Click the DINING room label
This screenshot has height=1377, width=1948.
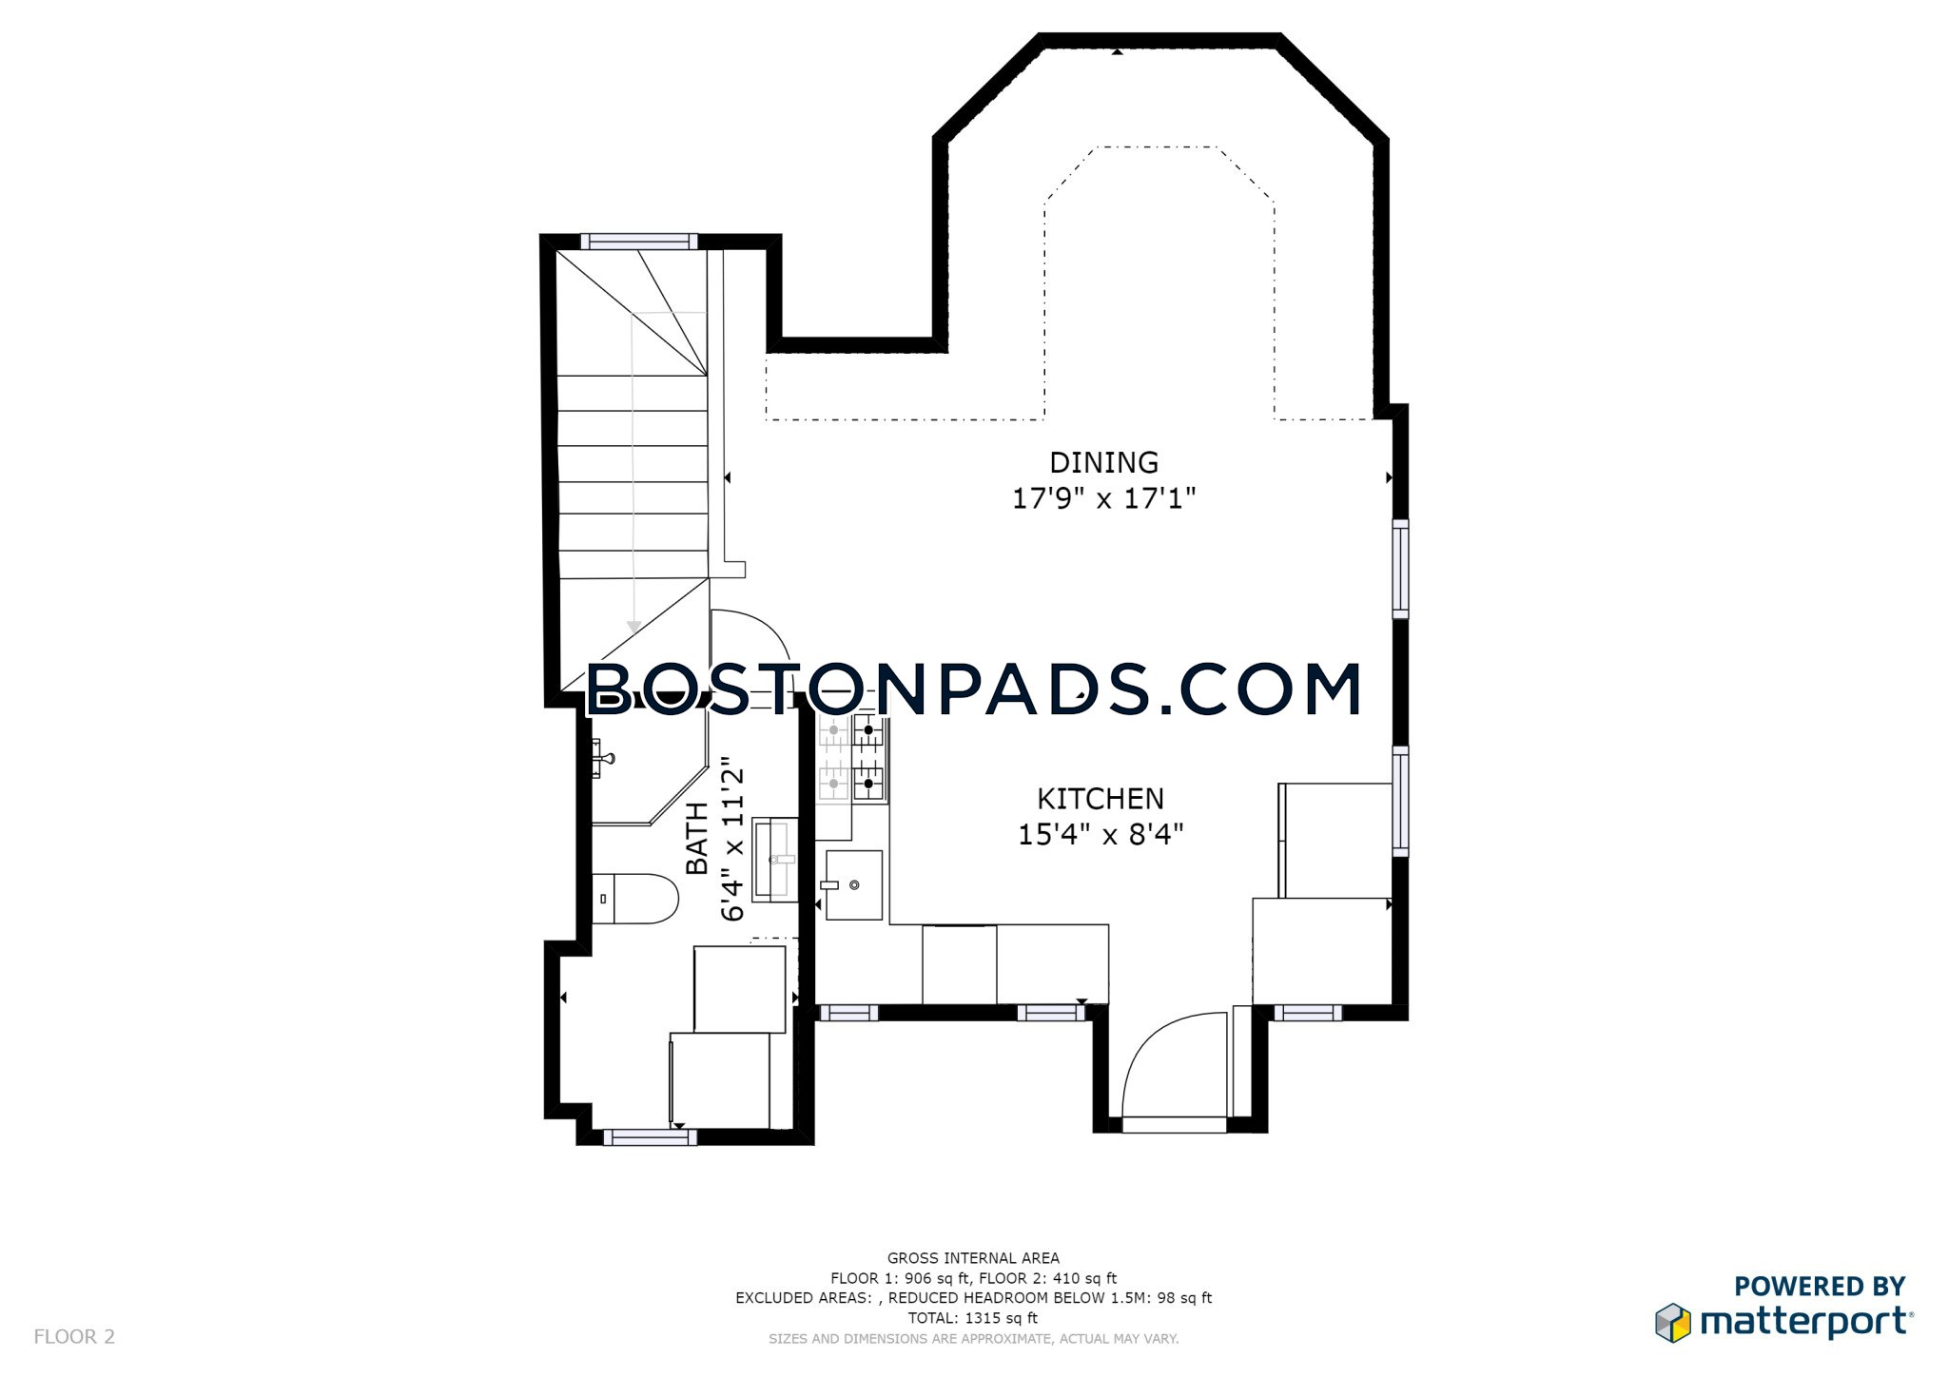(1103, 462)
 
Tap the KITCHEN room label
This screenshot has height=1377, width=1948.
(1101, 799)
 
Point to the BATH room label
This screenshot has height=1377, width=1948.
(697, 838)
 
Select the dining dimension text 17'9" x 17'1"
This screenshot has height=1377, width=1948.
(1103, 498)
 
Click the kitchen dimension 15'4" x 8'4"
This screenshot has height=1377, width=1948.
(1101, 835)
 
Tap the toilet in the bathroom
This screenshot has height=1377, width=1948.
(634, 899)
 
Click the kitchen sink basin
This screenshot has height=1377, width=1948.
(853, 885)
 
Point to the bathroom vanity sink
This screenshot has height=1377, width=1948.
(776, 860)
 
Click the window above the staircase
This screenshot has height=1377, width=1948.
(639, 242)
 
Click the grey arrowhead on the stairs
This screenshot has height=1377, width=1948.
(634, 627)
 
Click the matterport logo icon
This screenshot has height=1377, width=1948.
(1674, 1323)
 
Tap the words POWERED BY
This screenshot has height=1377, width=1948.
(1820, 1287)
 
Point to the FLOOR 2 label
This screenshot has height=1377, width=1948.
(74, 1337)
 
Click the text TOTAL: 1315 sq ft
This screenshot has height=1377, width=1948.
(973, 1318)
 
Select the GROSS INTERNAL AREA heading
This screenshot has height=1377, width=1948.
(973, 1258)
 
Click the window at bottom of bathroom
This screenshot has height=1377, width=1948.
(650, 1136)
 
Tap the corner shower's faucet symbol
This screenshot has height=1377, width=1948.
(602, 758)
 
